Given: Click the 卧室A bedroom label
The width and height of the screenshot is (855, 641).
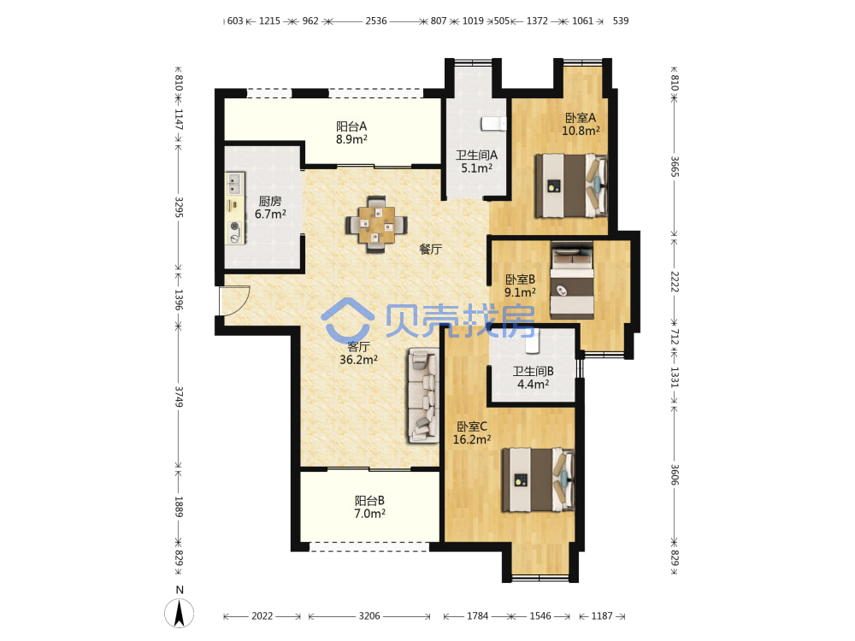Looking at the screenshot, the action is (581, 118).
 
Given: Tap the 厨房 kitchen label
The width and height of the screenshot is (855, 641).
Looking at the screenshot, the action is (270, 201).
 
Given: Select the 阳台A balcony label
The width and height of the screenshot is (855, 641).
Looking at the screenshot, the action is (351, 126).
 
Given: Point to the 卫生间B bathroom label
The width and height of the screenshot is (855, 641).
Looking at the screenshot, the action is (533, 371).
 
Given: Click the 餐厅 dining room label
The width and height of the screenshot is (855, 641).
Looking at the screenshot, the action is (430, 249).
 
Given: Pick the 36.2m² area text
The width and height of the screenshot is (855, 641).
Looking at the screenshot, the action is (358, 360).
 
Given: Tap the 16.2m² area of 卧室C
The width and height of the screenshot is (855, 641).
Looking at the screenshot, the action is (472, 439).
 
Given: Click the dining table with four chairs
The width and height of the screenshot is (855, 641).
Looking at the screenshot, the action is (376, 224).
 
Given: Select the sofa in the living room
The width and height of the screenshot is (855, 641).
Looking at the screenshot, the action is (423, 395).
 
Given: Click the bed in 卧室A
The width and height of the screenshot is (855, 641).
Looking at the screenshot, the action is (571, 185).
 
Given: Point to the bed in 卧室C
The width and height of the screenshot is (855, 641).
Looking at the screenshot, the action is (538, 479).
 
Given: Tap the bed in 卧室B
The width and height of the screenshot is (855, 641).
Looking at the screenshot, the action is (572, 280).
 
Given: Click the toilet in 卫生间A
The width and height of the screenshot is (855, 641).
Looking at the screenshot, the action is (493, 124).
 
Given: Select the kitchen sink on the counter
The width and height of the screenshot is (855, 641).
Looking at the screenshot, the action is (235, 184).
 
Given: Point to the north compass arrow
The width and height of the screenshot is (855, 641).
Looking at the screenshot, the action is (179, 613).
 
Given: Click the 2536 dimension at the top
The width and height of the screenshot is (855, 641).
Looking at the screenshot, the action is (376, 21).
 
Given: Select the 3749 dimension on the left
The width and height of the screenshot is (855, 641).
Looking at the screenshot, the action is (179, 397).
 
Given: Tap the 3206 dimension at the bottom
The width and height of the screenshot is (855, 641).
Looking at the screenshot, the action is (369, 616).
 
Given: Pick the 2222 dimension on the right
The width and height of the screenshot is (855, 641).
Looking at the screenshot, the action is (675, 281).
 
